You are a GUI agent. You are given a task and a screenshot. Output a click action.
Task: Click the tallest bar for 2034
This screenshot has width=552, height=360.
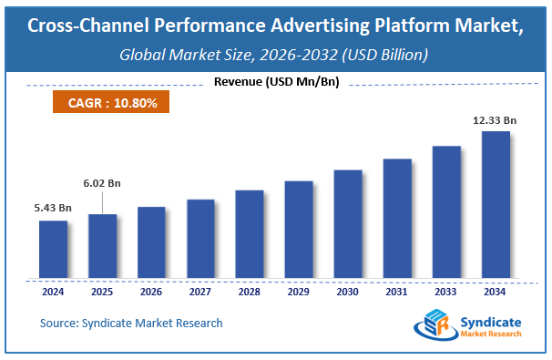(496, 206)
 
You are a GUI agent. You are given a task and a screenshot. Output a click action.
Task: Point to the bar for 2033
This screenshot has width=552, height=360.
(446, 213)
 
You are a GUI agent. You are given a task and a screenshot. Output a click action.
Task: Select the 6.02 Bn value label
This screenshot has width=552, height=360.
(102, 183)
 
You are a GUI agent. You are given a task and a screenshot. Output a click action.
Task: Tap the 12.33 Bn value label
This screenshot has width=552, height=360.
(496, 120)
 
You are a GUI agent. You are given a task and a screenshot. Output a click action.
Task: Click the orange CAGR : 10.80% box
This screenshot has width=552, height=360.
(112, 103)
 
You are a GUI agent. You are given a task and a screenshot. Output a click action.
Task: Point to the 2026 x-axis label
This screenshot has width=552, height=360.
(151, 293)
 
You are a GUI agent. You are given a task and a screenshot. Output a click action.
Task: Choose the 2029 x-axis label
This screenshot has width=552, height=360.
(299, 293)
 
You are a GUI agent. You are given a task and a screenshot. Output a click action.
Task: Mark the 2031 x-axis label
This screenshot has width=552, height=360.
(397, 293)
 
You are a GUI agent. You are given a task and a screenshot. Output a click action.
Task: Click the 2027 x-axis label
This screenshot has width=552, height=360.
(200, 293)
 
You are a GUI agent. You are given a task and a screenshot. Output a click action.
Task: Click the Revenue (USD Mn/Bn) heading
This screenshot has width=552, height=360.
(275, 83)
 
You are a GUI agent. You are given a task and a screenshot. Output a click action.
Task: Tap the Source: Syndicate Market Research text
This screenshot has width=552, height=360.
(131, 323)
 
